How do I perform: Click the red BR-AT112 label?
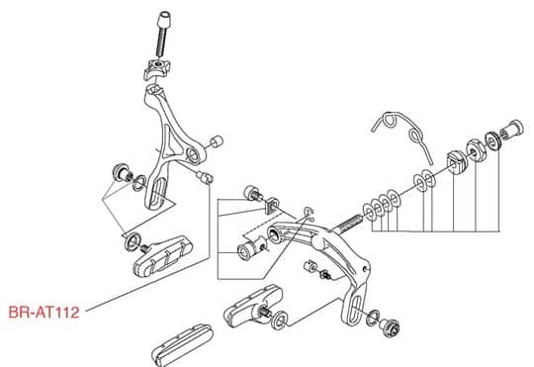pos(44,313)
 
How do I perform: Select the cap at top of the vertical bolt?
pos(164,20)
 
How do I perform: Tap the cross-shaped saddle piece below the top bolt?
pos(155,68)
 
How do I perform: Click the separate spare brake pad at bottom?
pos(183,344)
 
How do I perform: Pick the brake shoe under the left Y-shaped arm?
pos(162,255)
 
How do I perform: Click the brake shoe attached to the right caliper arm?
pos(252,305)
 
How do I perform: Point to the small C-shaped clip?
pos(310,212)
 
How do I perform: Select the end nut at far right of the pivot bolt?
pos(513,130)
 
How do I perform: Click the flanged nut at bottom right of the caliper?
pos(390,326)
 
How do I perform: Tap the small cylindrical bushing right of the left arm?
pos(216,141)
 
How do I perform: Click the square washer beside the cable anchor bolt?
pos(272,205)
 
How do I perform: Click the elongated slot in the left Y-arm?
pos(158,193)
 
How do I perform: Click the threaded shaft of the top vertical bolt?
pos(161,43)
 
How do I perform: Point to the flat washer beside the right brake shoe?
pos(280,320)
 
